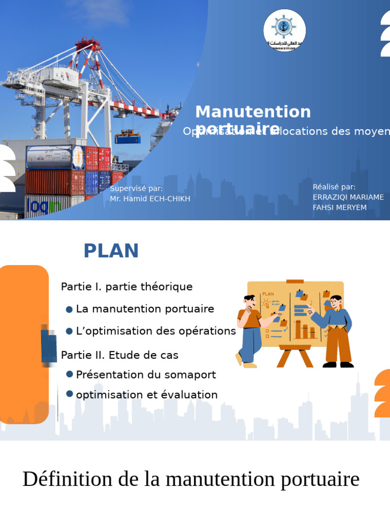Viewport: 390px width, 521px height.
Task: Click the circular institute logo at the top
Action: [284, 31]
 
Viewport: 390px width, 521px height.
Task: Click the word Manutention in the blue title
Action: [253, 112]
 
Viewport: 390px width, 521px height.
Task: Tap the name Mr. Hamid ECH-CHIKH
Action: [150, 199]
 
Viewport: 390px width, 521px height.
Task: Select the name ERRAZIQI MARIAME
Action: [348, 197]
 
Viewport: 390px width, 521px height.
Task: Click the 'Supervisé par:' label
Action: [136, 189]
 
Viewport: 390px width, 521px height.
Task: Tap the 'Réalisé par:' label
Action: [334, 187]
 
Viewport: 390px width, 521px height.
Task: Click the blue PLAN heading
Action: [111, 251]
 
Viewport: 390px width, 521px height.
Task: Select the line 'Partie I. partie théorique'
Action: [126, 287]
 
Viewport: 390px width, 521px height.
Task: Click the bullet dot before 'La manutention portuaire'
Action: [70, 309]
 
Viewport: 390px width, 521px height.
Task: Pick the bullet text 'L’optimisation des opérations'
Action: [156, 331]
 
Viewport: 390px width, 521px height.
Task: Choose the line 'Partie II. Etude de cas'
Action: [119, 355]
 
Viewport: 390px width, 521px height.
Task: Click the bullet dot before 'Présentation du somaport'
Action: [70, 375]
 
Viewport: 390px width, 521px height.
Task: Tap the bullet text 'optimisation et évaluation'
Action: [147, 395]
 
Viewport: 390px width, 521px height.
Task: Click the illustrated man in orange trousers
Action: [336, 331]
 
